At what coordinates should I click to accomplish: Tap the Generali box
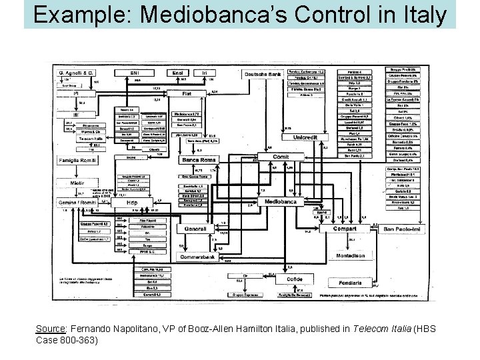[x=196, y=228]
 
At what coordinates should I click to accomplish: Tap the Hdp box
[x=132, y=203]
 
